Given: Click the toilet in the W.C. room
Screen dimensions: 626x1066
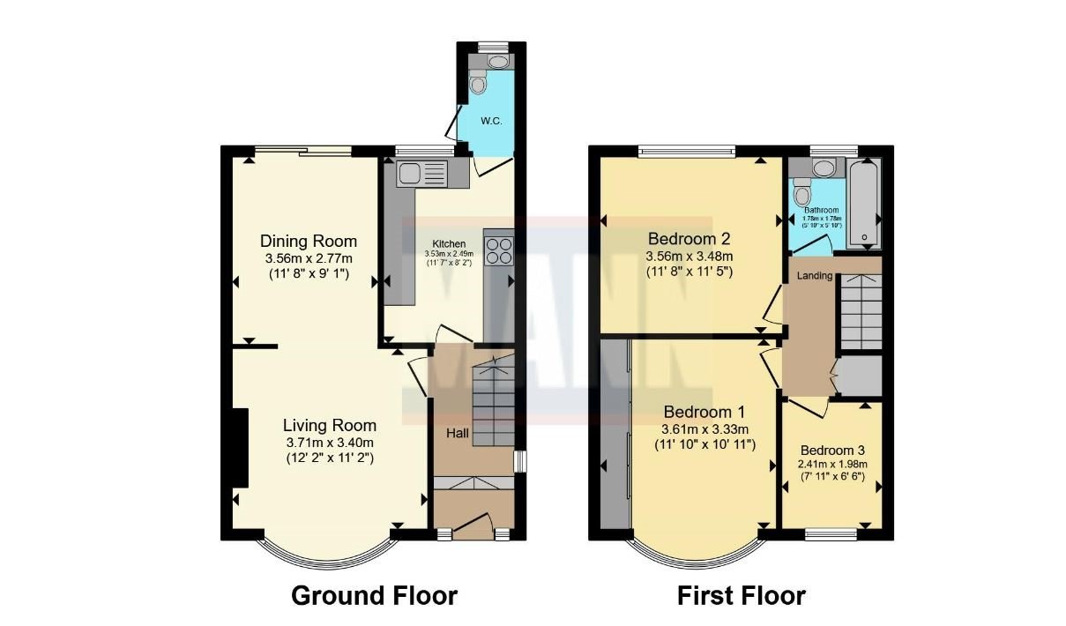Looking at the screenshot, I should (x=479, y=84).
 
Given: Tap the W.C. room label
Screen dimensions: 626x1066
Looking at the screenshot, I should (x=491, y=121).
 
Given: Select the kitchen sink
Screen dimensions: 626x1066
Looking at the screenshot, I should (x=422, y=173).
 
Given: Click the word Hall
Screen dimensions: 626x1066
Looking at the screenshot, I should (x=457, y=433).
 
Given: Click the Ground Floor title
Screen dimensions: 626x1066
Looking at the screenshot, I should (x=375, y=596).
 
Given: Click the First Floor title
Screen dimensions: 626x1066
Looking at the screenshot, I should (x=741, y=596).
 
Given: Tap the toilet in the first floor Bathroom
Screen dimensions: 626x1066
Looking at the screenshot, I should (x=801, y=193).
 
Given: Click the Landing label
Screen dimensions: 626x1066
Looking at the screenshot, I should (x=815, y=276).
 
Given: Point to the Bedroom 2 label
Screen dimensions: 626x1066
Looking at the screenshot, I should (x=690, y=239).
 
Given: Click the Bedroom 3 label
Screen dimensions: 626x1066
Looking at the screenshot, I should (x=831, y=450).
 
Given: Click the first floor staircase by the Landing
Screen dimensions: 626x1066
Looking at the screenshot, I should (x=857, y=309).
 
